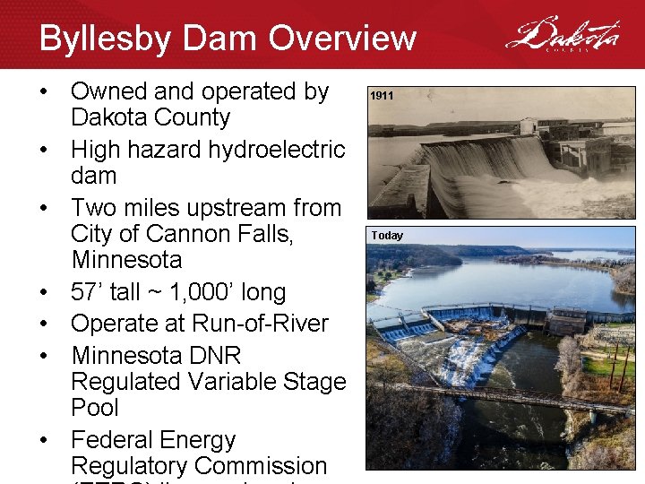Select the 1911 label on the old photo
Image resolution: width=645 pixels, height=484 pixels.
(x=382, y=95)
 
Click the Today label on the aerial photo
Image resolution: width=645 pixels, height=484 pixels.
(x=387, y=236)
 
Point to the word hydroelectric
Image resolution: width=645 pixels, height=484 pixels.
(x=277, y=150)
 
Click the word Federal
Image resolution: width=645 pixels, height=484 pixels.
(x=115, y=440)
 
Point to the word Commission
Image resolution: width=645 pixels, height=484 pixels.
(x=261, y=466)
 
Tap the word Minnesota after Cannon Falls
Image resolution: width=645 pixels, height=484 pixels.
(x=125, y=261)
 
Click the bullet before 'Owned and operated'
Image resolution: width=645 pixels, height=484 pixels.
(x=46, y=92)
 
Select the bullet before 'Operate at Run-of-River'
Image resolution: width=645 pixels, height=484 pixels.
(x=46, y=324)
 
